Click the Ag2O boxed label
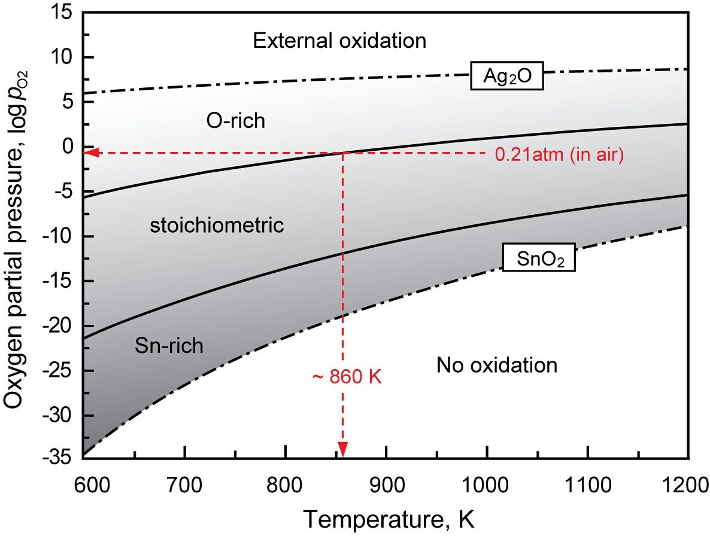tap(506, 77)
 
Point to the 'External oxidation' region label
tap(339, 41)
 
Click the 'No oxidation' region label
tap(496, 364)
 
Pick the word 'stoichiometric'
tap(216, 226)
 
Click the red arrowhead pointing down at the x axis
tap(343, 450)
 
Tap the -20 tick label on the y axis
tap(62, 326)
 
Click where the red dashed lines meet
tap(343, 153)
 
